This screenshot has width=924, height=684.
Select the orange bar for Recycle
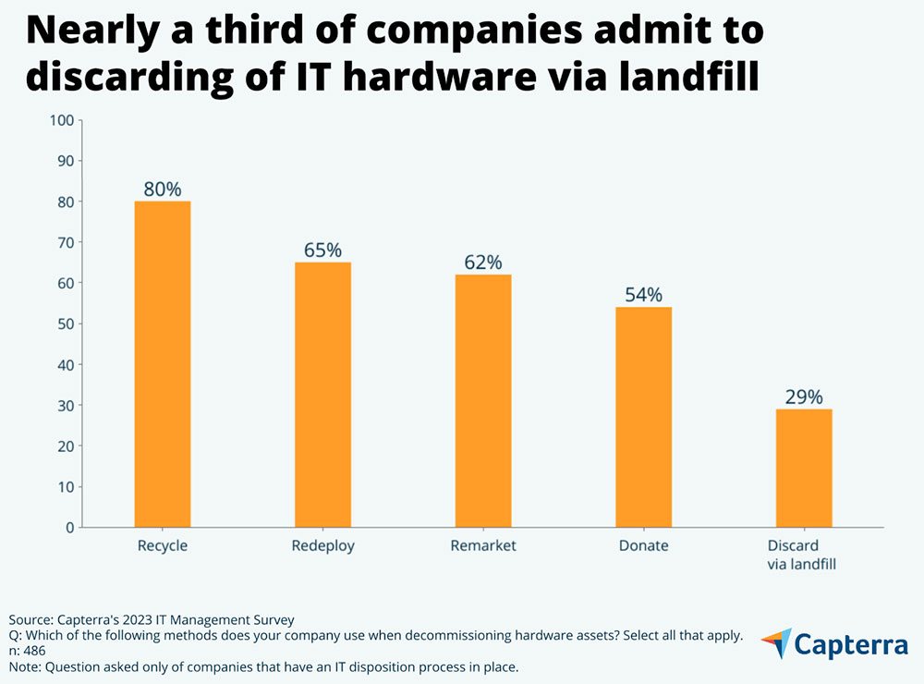tap(163, 364)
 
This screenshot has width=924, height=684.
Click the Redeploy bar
tap(322, 395)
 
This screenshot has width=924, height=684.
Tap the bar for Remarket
tap(483, 401)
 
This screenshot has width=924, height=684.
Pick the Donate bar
tap(643, 417)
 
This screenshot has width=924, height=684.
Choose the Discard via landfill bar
tap(803, 468)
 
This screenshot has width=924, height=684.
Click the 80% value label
tap(163, 189)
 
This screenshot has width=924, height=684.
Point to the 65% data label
tap(322, 250)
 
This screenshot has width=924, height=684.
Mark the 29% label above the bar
tap(803, 397)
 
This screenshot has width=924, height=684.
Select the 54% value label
tap(643, 295)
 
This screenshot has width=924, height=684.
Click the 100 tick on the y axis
tap(61, 120)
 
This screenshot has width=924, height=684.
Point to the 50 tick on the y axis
tap(65, 324)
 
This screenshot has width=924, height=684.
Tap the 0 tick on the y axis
tap(68, 527)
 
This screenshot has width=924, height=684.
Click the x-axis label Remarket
tap(483, 546)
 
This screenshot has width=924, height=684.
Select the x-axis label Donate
tap(643, 546)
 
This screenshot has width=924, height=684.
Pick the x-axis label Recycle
tap(163, 546)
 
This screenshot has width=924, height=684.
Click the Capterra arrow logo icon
tap(777, 643)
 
